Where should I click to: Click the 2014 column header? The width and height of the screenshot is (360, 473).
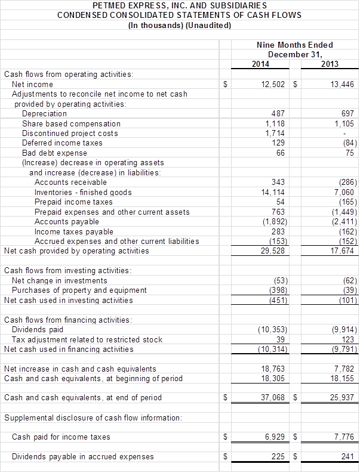coord(260,64)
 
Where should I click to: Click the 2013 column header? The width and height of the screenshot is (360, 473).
coord(330,64)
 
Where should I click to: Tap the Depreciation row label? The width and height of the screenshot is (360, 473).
coord(44,113)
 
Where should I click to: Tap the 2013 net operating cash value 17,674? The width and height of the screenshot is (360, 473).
coord(342,251)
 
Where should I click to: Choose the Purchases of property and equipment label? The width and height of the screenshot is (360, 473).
coord(79,290)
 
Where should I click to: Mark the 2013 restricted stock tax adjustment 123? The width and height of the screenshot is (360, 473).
coord(347,339)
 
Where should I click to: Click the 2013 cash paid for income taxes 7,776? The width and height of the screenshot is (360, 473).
coord(344,437)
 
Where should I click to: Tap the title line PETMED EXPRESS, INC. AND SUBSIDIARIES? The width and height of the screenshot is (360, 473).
coord(180,5)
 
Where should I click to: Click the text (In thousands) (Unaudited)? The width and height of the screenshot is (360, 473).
coord(180,25)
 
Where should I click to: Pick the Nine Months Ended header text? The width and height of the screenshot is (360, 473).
coord(295,45)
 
